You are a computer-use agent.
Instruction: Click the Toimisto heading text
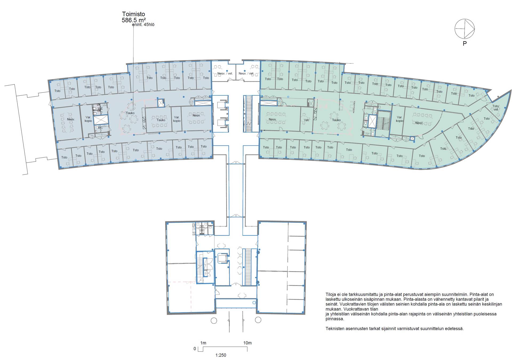[133, 14]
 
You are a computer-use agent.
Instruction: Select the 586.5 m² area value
[134, 20]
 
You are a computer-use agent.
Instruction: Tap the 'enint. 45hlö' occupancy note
[143, 25]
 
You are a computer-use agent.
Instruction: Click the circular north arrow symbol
[465, 29]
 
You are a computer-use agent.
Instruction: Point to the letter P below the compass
[465, 44]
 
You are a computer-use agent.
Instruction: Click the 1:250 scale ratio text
[221, 355]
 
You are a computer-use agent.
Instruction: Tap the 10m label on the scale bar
[247, 343]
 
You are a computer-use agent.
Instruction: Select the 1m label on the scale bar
[203, 343]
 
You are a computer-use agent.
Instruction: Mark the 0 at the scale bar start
[195, 349]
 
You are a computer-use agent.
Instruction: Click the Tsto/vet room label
[496, 108]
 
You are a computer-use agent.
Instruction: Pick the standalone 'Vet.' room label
[306, 120]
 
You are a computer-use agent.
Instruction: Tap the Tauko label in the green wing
[336, 120]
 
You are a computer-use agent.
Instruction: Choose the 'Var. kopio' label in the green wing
[399, 119]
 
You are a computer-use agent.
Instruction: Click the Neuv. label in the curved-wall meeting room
[419, 123]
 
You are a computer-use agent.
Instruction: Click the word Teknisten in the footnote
[335, 329]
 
